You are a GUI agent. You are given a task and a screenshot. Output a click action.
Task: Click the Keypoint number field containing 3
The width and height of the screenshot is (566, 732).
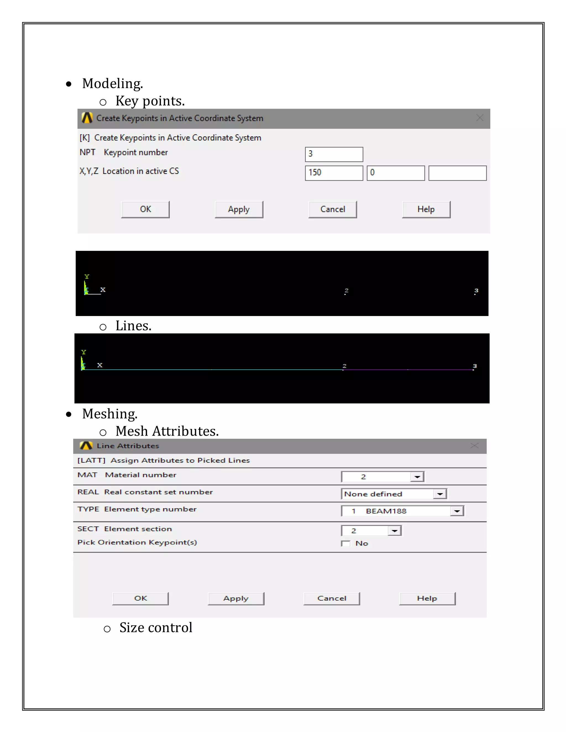coord(334,154)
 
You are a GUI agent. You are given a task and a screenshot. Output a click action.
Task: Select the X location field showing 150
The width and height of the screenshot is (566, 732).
coord(334,173)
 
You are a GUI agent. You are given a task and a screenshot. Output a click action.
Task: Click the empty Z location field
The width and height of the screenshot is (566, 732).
coord(457,173)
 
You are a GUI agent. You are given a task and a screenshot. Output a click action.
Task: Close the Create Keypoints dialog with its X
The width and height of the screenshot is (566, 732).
coord(479,118)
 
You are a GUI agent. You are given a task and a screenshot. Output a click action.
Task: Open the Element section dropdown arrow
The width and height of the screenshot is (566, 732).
coord(395,531)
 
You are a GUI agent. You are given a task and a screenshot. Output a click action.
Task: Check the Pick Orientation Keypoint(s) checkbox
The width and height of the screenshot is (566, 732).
coord(345,543)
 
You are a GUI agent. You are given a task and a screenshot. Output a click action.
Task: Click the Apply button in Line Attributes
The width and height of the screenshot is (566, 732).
coord(236,598)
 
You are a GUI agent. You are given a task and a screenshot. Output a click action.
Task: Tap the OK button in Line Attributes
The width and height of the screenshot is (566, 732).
coord(140,598)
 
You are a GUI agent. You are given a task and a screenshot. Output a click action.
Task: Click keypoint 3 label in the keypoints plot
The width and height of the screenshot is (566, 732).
coord(476,290)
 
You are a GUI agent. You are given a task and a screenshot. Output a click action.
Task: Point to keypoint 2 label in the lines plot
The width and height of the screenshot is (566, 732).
coord(344,366)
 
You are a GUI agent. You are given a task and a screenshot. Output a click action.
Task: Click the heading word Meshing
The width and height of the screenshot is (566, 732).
coord(110,414)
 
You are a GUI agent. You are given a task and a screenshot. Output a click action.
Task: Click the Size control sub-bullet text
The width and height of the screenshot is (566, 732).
coord(156,628)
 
